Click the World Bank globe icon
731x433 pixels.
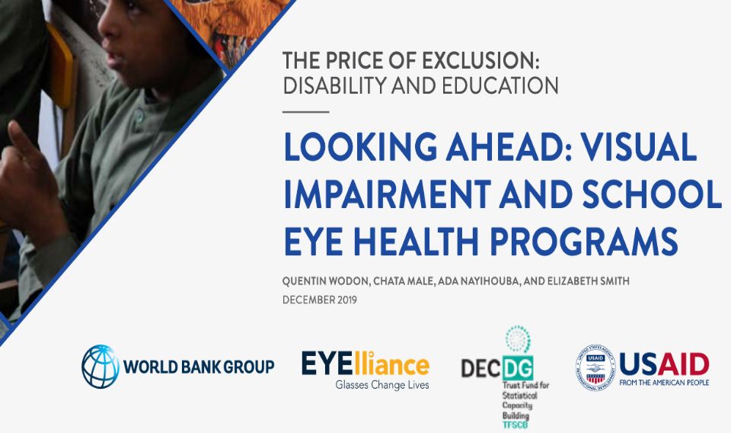point(101,366)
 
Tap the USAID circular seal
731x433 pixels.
point(595,367)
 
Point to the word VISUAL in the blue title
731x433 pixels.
point(639,146)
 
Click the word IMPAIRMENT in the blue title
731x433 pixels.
point(387,194)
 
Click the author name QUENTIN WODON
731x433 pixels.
point(326,281)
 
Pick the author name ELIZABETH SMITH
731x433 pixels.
point(589,281)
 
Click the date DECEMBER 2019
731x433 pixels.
point(320,300)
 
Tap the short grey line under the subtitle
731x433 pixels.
point(306,112)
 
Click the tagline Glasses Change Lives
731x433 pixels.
point(382,385)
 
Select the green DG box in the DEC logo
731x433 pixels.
point(518,368)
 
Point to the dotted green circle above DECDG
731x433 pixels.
point(518,339)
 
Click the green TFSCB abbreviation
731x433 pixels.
point(516,425)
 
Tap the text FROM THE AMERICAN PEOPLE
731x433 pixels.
point(664,383)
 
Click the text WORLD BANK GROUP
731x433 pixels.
point(199,367)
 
